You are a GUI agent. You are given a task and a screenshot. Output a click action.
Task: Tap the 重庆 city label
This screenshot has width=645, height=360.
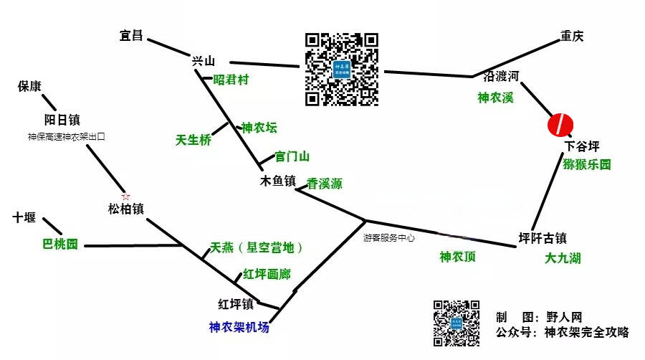(572, 37)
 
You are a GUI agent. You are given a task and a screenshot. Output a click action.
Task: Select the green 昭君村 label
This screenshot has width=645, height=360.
(231, 80)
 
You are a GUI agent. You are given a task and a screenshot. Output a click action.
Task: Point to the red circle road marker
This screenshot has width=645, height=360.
(559, 124)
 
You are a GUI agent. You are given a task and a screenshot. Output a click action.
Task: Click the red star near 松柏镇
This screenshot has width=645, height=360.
(126, 196)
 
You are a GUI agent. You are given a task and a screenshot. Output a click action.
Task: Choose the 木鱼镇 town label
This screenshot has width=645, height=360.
(278, 182)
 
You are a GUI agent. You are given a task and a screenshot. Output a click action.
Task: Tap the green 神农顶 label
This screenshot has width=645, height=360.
(457, 257)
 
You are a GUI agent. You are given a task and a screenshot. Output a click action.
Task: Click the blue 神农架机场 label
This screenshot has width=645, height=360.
(239, 327)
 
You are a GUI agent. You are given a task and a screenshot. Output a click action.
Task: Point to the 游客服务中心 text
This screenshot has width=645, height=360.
(388, 237)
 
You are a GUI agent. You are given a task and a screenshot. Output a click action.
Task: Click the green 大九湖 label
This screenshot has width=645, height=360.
(563, 258)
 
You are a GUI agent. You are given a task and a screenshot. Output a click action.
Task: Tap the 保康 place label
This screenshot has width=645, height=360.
(29, 87)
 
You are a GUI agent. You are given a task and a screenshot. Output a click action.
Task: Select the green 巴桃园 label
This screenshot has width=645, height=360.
(60, 245)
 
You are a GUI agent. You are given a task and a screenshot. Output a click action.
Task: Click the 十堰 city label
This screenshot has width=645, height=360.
(24, 217)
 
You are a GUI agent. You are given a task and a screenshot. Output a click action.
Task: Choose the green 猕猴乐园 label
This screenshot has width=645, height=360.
(587, 165)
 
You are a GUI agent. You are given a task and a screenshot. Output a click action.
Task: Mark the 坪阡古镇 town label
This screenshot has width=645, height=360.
(543, 237)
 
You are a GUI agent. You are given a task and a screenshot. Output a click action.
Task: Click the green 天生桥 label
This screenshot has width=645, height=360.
(193, 141)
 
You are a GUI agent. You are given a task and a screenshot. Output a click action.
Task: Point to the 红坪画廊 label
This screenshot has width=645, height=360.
(267, 274)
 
